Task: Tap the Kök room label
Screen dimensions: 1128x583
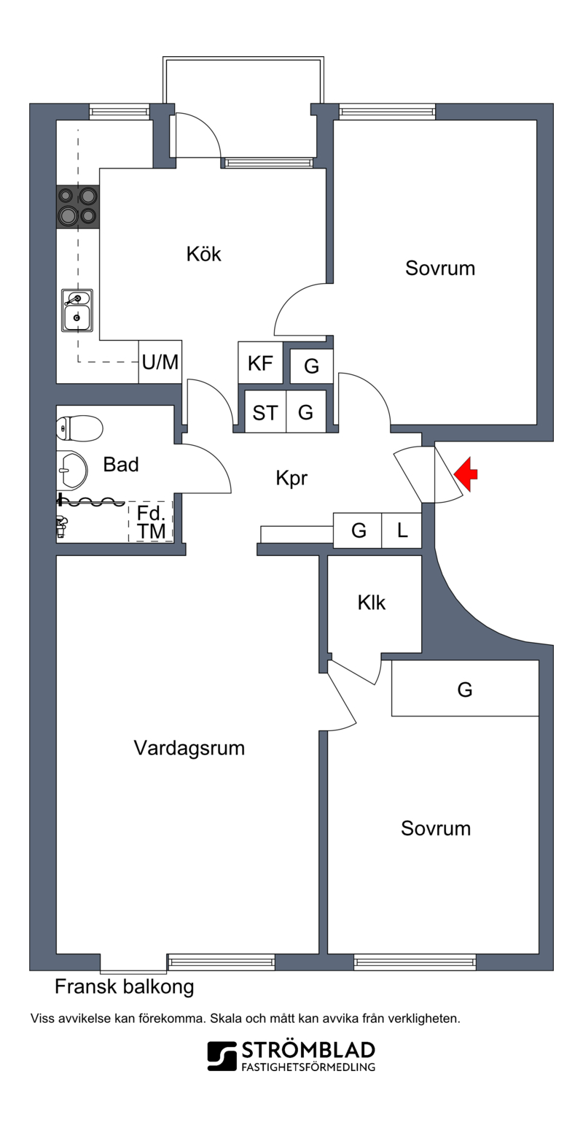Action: pyautogui.click(x=203, y=254)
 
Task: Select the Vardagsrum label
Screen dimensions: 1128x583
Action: pyautogui.click(x=189, y=748)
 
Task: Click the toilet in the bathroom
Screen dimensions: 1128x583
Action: pyautogui.click(x=79, y=428)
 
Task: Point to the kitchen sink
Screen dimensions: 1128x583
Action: pyautogui.click(x=77, y=310)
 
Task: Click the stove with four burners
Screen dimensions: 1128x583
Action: pyautogui.click(x=78, y=206)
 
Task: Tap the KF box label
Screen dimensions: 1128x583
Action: pyautogui.click(x=260, y=363)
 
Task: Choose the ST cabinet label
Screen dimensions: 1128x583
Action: pyautogui.click(x=265, y=413)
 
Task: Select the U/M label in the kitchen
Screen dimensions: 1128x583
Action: pyautogui.click(x=160, y=362)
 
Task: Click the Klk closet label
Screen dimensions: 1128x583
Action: pyautogui.click(x=372, y=603)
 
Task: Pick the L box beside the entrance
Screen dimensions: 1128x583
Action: pyautogui.click(x=402, y=530)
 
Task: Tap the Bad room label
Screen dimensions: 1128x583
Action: pyautogui.click(x=121, y=464)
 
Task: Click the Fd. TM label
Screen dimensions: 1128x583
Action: pyautogui.click(x=151, y=522)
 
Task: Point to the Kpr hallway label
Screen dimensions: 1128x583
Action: pyautogui.click(x=291, y=478)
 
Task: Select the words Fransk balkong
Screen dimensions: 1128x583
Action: pyautogui.click(x=125, y=987)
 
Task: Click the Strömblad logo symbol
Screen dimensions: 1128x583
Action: pyautogui.click(x=222, y=1056)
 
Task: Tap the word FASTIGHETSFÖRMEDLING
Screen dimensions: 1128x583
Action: pyautogui.click(x=308, y=1067)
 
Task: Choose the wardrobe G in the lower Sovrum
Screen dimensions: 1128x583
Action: pyautogui.click(x=465, y=689)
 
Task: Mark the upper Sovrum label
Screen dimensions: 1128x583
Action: pyautogui.click(x=440, y=268)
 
